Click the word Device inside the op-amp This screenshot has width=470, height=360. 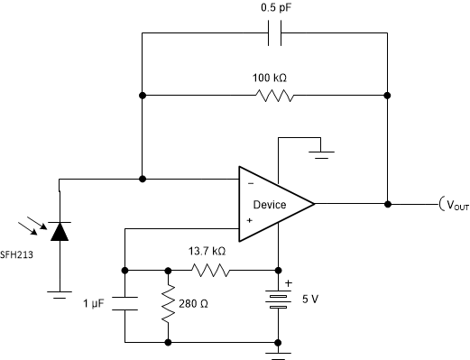point(270,205)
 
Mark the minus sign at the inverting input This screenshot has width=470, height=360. point(249,184)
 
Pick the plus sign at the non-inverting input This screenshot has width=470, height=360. point(249,218)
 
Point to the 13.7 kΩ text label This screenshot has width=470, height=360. point(208,252)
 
